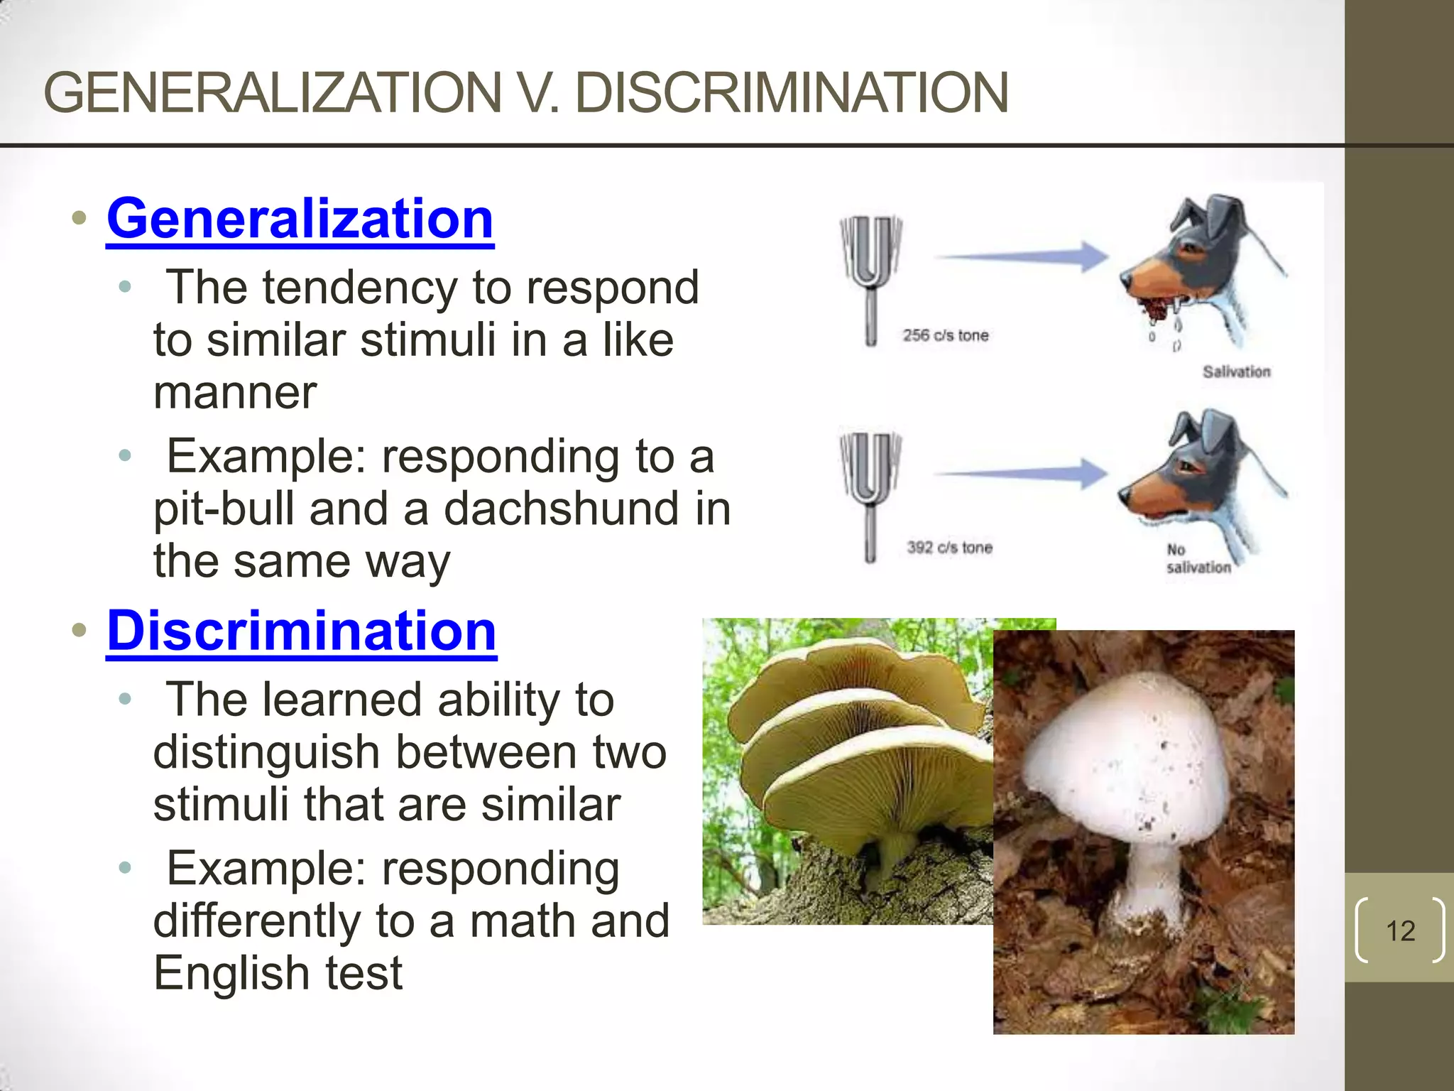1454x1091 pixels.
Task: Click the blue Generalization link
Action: click(300, 219)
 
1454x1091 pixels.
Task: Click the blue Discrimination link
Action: click(302, 631)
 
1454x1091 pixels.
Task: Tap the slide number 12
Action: click(1400, 930)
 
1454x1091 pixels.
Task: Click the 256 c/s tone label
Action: click(945, 335)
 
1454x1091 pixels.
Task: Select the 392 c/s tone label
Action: click(949, 548)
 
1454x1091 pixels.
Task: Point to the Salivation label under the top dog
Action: click(1236, 371)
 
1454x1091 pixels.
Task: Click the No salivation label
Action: click(1198, 558)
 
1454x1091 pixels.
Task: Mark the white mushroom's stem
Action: click(1150, 881)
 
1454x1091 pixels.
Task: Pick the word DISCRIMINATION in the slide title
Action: click(791, 93)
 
